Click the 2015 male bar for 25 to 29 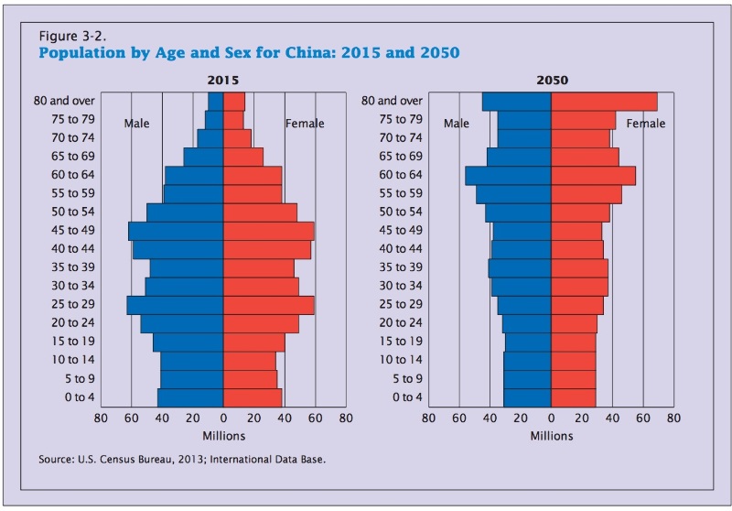[176, 305]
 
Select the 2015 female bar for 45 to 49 [268, 231]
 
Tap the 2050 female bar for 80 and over [604, 102]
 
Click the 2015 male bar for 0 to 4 [191, 397]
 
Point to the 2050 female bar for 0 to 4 [574, 397]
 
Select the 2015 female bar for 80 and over [234, 102]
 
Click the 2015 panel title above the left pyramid [223, 81]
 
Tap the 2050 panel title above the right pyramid [551, 81]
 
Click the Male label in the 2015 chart [137, 124]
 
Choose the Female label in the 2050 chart [646, 124]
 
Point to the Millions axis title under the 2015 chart [223, 436]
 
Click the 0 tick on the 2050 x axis [551, 419]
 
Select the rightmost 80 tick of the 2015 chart [346, 419]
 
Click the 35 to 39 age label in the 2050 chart [399, 267]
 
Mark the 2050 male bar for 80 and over [517, 102]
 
